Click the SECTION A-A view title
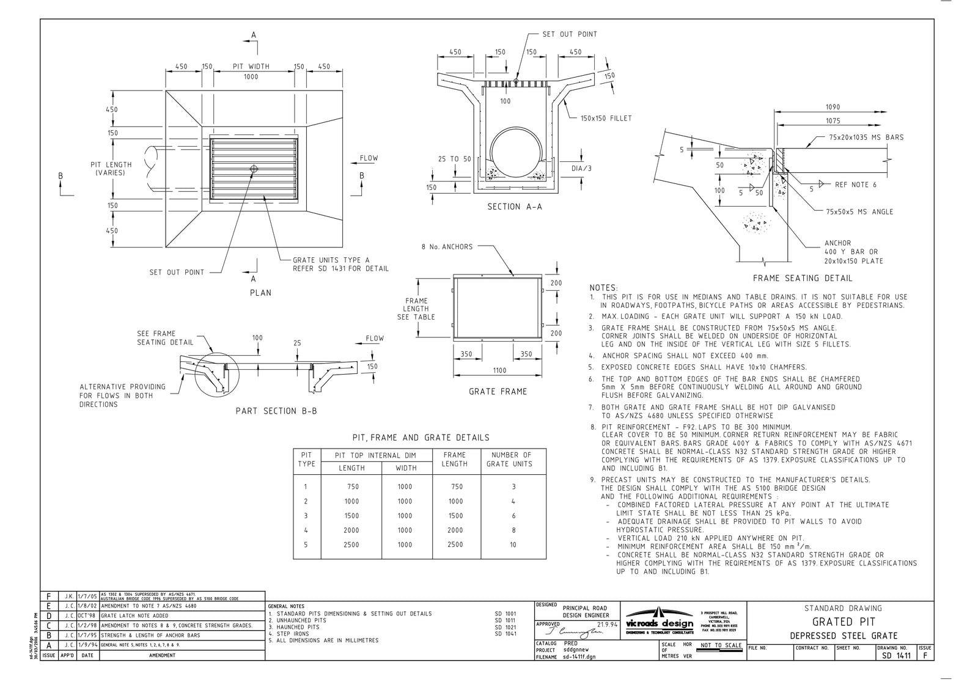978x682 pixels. click(514, 207)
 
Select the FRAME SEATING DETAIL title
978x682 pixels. click(802, 278)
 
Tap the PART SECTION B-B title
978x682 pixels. click(276, 411)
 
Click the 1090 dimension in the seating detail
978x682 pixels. click(833, 107)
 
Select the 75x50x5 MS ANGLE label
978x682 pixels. click(859, 211)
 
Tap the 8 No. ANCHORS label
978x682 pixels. click(447, 247)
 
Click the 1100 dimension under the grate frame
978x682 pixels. click(499, 370)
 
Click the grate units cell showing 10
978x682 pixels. click(513, 544)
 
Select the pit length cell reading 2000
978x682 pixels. click(351, 530)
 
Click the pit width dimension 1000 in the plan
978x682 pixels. click(251, 76)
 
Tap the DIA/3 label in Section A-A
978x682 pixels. click(581, 168)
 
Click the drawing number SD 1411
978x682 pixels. click(896, 656)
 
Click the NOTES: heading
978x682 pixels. click(603, 287)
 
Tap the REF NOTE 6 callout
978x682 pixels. click(856, 185)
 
